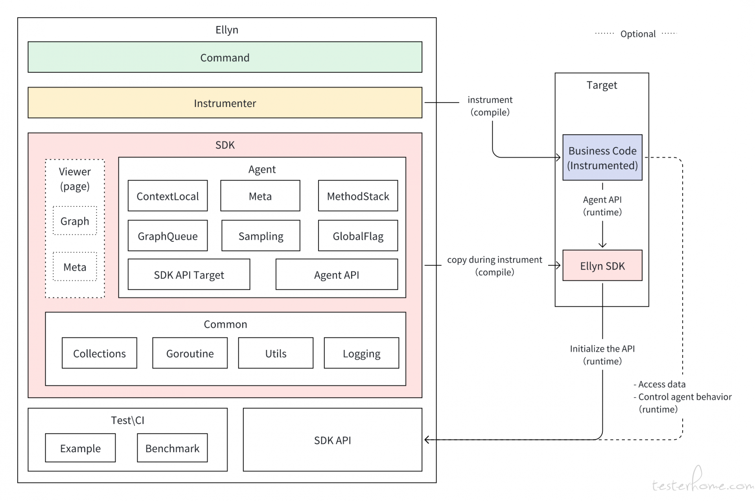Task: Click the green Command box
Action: pos(225,57)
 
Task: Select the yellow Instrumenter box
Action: pos(225,103)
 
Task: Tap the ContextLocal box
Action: pos(168,196)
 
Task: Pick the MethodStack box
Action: pos(358,196)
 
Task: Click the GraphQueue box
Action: pos(168,236)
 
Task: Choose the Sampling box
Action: pos(261,236)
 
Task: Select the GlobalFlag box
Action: pos(358,236)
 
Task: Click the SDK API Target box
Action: pos(189,274)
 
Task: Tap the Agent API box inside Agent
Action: pos(337,274)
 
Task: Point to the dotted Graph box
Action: pos(75,221)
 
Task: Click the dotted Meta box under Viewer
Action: pos(75,267)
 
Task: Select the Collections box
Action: pos(99,353)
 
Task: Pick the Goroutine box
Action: pos(190,353)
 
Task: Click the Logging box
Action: pos(361,353)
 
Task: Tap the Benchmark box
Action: pos(172,448)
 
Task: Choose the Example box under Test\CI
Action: pos(80,448)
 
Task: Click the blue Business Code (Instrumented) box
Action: pos(602,158)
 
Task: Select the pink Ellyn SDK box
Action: pos(602,265)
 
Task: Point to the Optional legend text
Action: pos(638,34)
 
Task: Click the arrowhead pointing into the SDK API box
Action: pos(427,440)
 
